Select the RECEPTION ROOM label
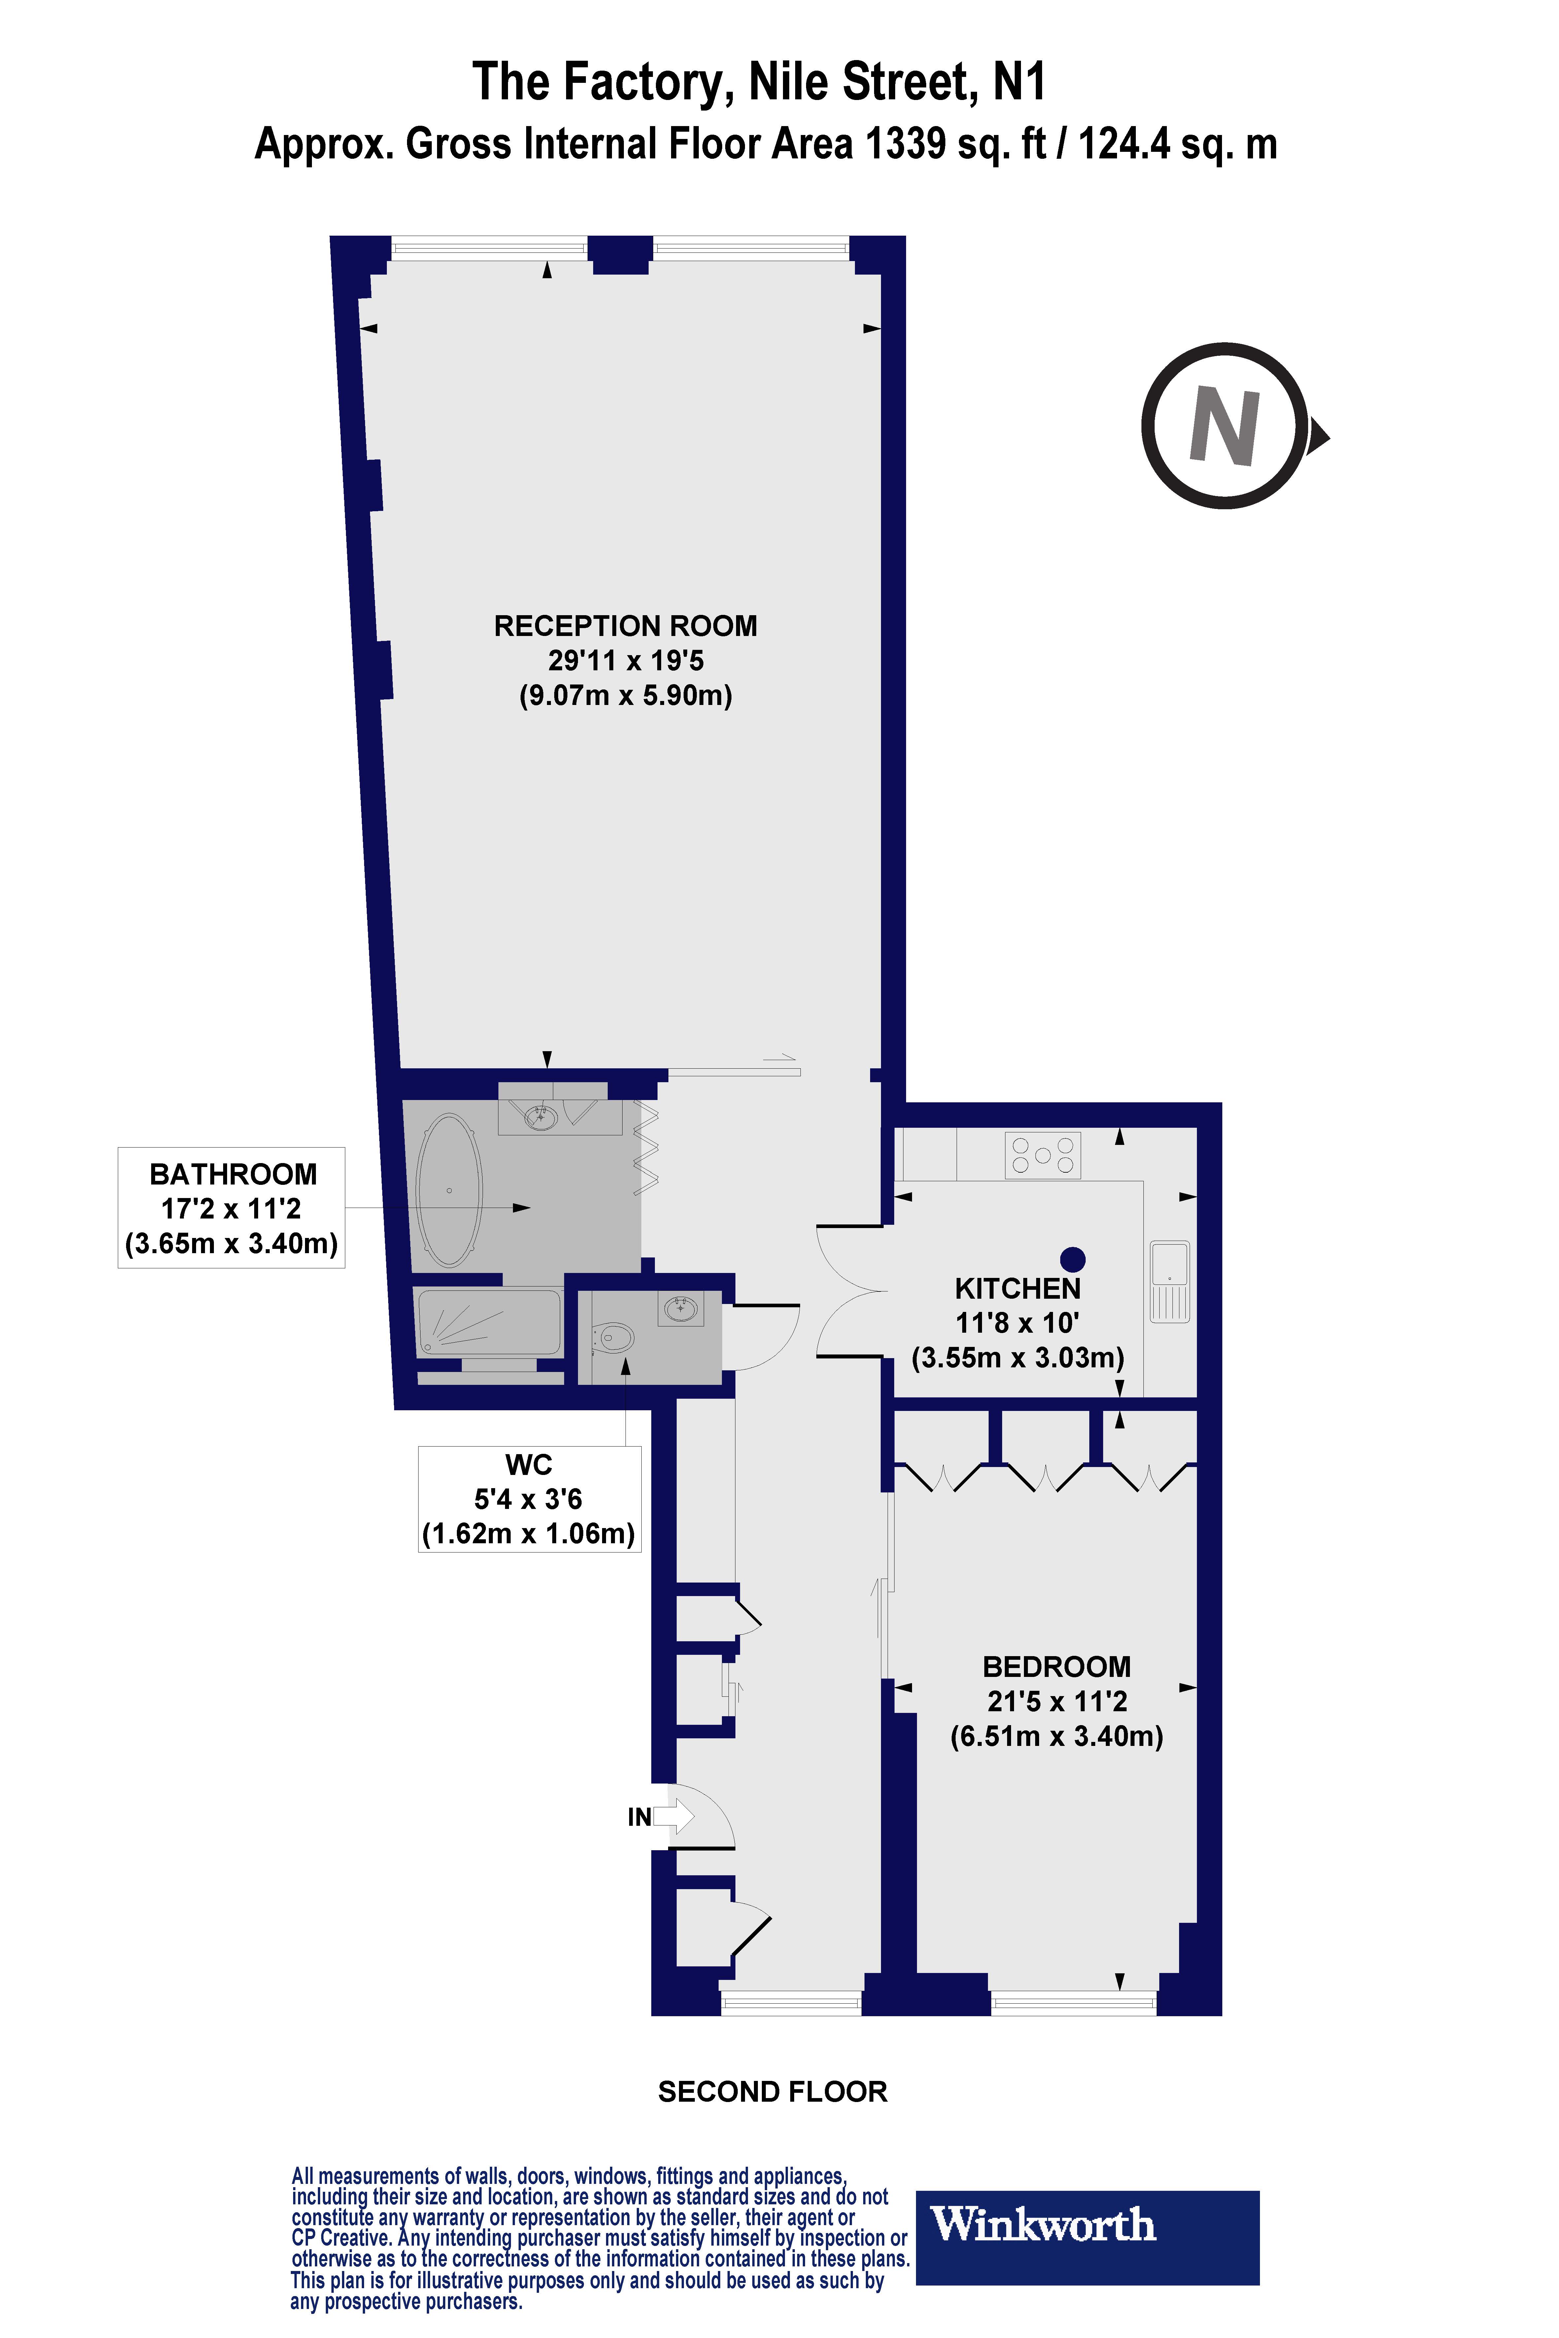626,626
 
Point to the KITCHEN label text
1017,1289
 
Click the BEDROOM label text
1056,1667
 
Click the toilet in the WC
613,1339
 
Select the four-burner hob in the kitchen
1042,1155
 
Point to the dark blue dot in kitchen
1073,1259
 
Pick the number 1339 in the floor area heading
905,144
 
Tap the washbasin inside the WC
681,1308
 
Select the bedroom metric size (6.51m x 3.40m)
1056,1737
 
